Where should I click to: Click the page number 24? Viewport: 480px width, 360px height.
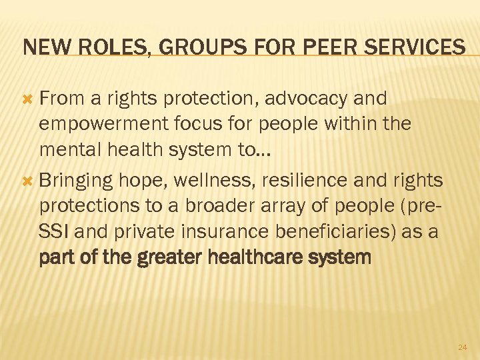coord(463,347)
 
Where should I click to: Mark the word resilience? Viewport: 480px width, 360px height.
coord(311,180)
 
